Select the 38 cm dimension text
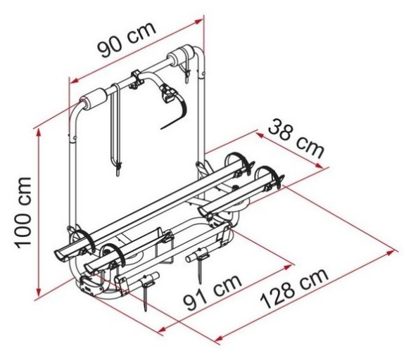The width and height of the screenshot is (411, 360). coord(296,138)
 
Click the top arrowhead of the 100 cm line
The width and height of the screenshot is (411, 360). coord(39,133)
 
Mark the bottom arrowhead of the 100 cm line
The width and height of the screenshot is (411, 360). coord(39,292)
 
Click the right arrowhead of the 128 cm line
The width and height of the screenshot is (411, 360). coord(391,252)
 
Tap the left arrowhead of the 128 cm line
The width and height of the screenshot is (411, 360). coord(219,340)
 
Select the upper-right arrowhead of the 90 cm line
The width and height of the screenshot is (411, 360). coord(198,21)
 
